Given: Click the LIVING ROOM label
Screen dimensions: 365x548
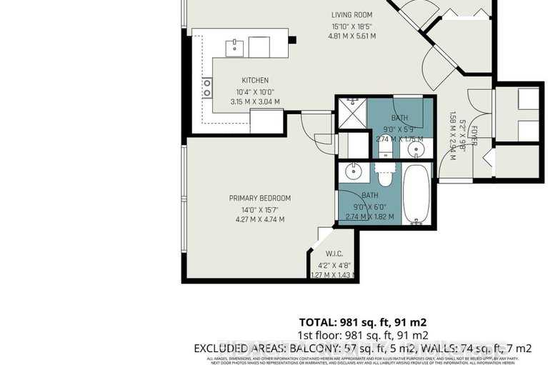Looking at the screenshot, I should coord(353,14).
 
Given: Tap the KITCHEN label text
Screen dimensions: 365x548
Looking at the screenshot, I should coord(254,80).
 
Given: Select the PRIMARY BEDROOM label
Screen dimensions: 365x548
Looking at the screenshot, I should coord(260,198).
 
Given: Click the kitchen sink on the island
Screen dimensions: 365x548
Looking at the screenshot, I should coord(234,47).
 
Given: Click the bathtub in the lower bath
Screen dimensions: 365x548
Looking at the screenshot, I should coord(416,194).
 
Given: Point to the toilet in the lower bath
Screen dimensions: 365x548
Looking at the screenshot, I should coord(386,176).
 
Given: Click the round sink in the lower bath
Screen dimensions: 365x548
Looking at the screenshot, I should coord(352,171).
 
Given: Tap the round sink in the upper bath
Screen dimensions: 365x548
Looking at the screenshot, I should coord(419,149).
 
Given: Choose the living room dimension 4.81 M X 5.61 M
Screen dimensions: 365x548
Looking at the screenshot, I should coord(353,36).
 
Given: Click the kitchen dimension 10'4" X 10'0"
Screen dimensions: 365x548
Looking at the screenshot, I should coord(254,92).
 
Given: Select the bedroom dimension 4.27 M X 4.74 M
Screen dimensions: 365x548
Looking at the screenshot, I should coord(260,219).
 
